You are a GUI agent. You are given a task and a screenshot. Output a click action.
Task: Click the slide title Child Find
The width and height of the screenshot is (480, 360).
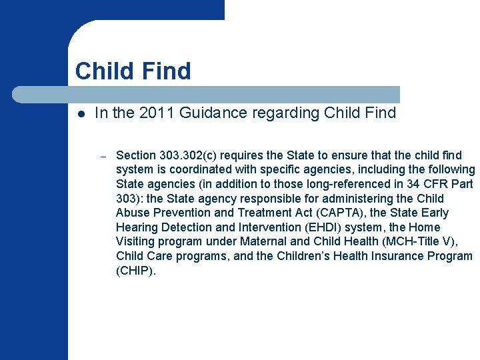tap(133, 71)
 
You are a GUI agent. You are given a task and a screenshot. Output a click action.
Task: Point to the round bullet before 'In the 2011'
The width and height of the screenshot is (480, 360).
tap(79, 114)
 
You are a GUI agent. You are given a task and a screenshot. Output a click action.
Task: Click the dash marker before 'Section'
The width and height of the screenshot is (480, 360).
tap(103, 156)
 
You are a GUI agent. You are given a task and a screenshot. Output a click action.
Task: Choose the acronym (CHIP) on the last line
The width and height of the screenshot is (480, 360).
tap(135, 271)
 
